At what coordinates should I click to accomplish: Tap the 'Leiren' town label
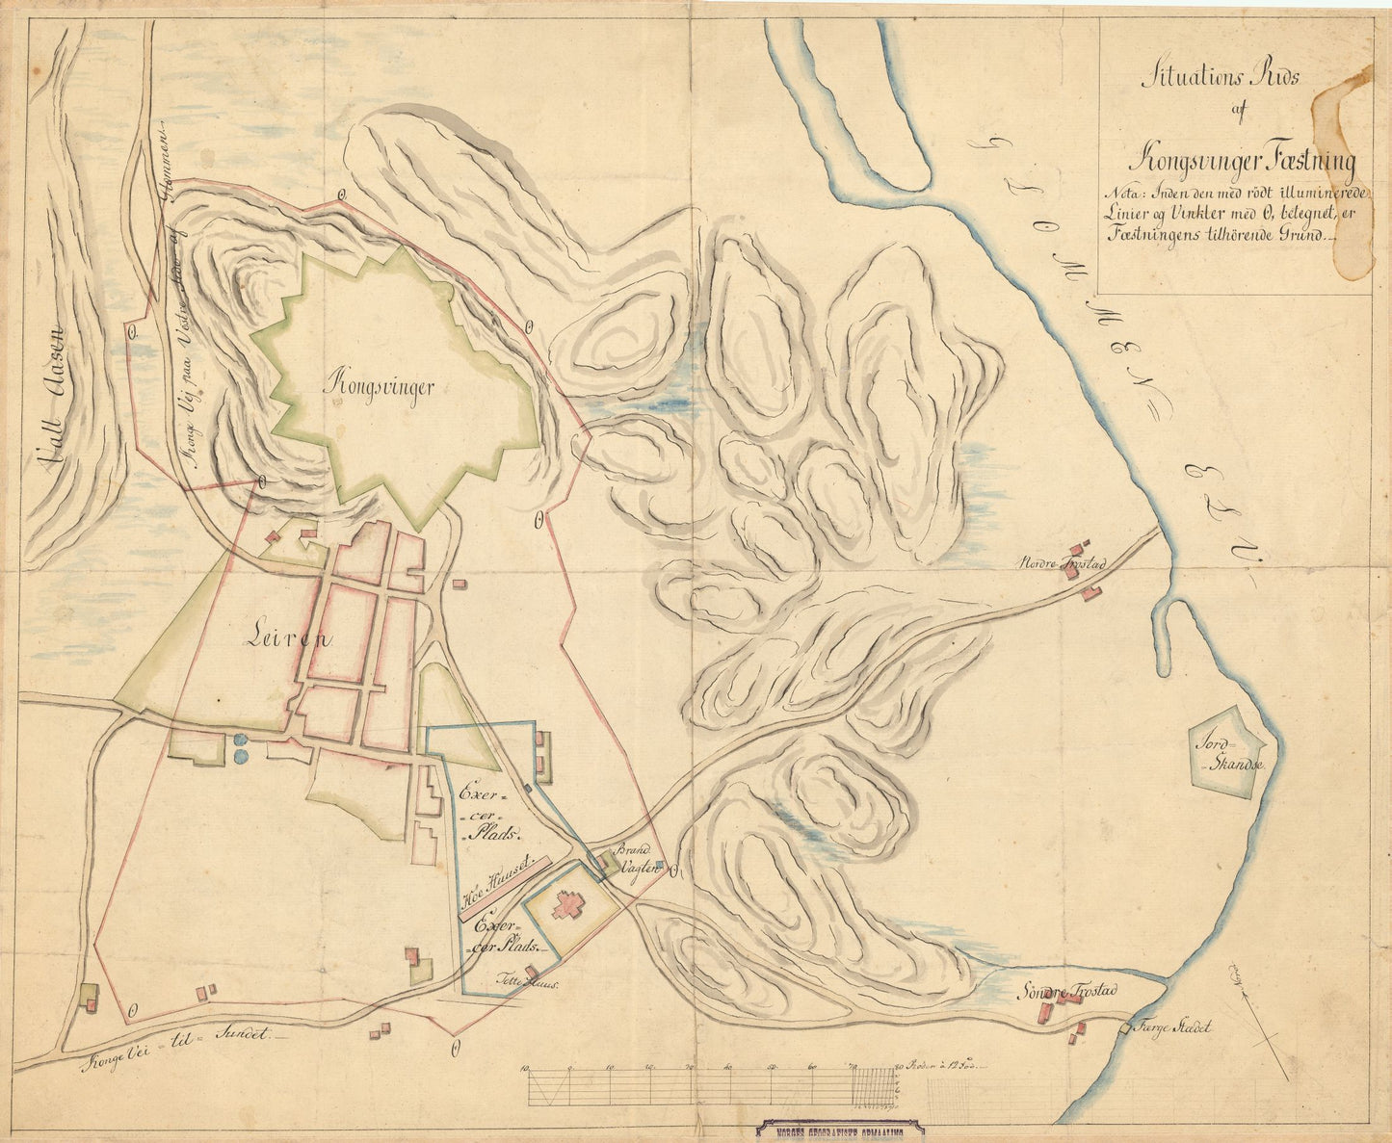[x=286, y=636]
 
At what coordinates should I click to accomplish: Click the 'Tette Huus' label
[x=527, y=983]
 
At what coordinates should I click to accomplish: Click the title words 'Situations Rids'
[x=1220, y=78]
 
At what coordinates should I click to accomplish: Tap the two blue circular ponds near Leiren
[x=239, y=747]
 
